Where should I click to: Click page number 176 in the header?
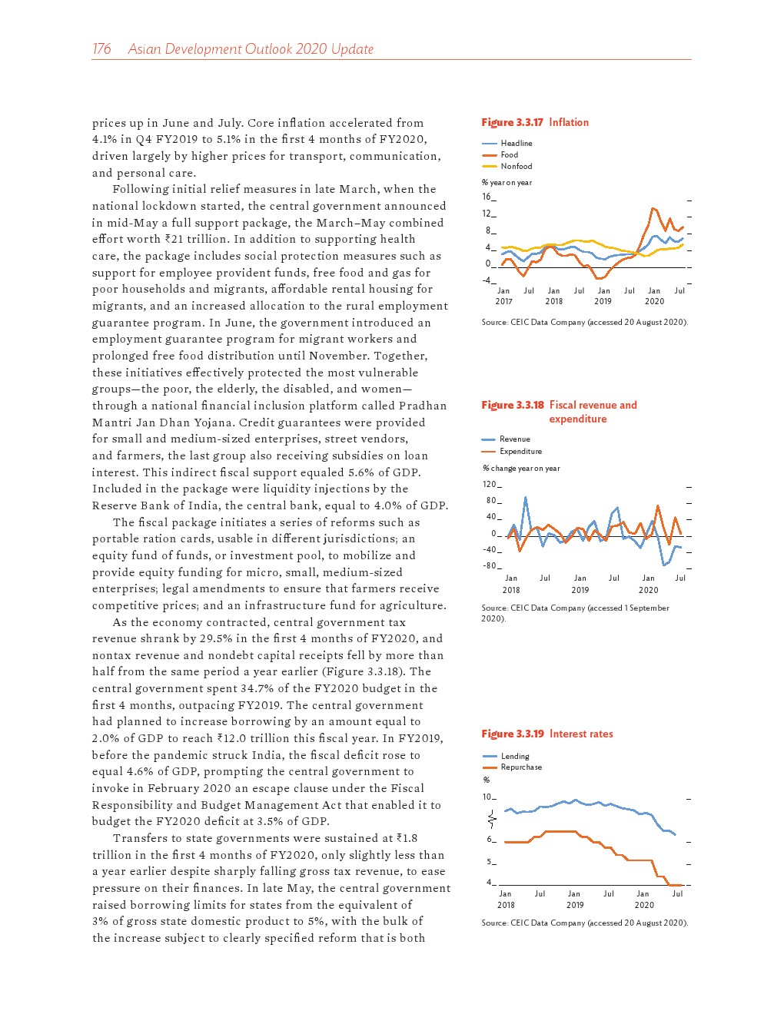(101, 49)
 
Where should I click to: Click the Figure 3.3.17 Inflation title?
(535, 122)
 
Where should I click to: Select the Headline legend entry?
(516, 144)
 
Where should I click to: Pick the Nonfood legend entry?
(516, 167)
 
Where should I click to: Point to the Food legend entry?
(509, 155)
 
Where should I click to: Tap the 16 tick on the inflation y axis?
(487, 197)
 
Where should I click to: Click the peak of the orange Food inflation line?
(653, 208)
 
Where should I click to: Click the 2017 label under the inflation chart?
(503, 302)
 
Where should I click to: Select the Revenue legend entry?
(514, 439)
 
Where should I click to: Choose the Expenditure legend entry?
(520, 452)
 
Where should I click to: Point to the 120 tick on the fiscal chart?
(490, 485)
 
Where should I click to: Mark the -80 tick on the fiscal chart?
(490, 566)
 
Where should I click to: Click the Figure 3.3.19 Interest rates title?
(547, 734)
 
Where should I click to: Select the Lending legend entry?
(515, 757)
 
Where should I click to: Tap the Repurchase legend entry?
(521, 767)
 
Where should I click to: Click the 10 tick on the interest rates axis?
(487, 797)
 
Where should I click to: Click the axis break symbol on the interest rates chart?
(491, 820)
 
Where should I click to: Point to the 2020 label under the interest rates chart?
(644, 905)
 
